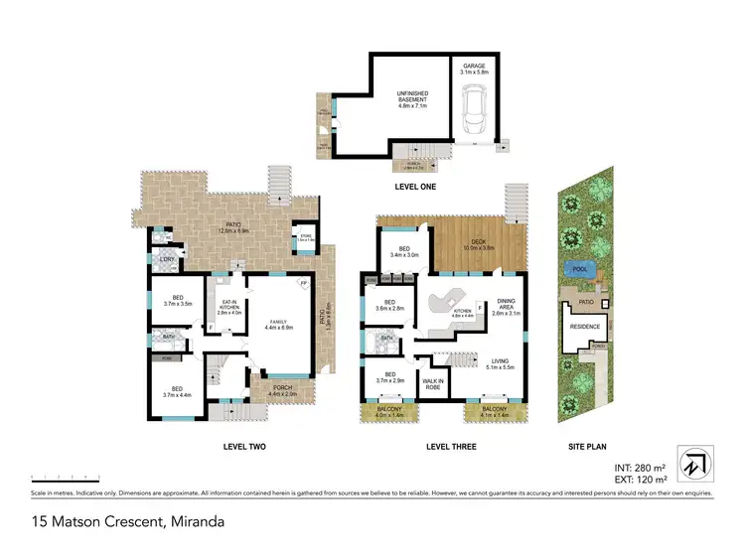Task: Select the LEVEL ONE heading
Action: [411, 186]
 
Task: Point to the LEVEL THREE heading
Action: [451, 447]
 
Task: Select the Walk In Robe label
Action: [433, 382]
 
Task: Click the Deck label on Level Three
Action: [481, 242]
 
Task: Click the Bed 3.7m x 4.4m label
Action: [176, 392]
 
